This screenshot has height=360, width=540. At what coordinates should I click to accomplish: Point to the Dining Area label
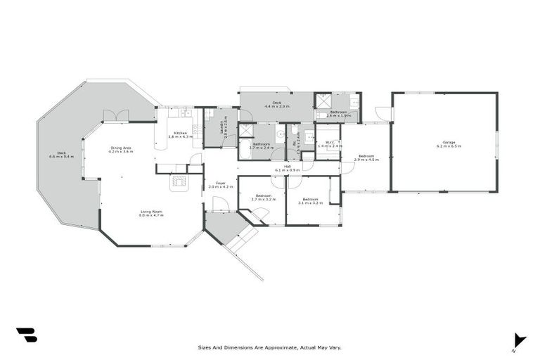tap(120, 149)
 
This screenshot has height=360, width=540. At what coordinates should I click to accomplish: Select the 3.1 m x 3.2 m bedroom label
tap(311, 201)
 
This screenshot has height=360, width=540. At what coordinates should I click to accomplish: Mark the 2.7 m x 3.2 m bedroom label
tap(263, 197)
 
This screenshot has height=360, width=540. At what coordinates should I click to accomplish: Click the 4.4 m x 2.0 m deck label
tap(277, 105)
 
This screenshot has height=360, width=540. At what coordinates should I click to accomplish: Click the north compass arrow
tap(519, 340)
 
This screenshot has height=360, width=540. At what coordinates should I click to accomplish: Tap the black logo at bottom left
tap(26, 335)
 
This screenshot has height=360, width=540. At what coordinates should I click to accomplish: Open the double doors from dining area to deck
tap(115, 116)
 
